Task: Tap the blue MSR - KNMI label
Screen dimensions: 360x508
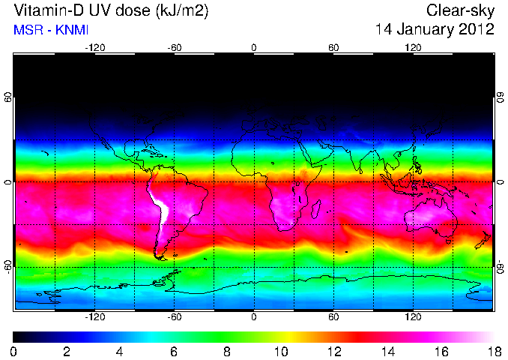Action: point(46,31)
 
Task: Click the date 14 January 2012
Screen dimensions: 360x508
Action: point(435,31)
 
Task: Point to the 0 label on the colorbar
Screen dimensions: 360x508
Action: point(14,351)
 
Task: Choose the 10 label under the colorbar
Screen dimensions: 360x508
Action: point(280,351)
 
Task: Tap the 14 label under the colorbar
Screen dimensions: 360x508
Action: point(387,351)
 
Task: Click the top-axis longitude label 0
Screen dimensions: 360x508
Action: point(254,47)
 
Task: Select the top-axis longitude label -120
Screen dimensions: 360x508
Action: point(94,47)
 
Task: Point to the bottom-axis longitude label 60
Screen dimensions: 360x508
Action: point(333,317)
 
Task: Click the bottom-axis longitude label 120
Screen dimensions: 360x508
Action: point(413,317)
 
